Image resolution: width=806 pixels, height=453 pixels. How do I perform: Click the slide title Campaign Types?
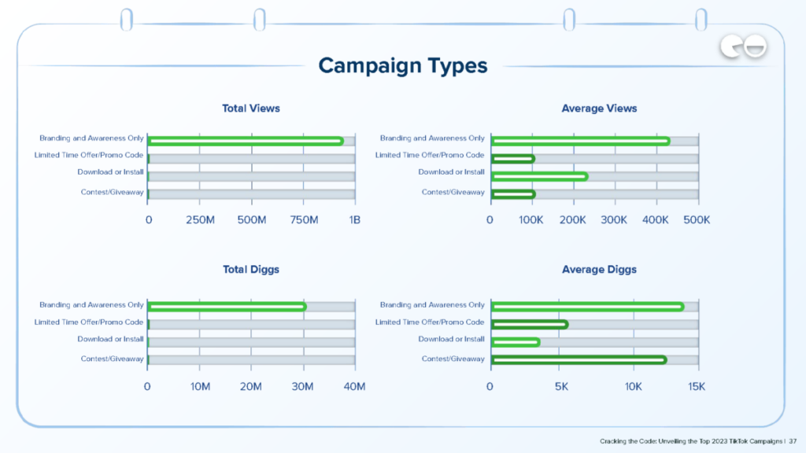(403, 65)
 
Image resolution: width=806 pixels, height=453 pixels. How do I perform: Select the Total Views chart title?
(251, 109)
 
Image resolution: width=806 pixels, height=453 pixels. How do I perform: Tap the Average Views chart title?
(599, 109)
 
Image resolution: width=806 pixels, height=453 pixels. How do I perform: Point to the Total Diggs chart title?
(251, 270)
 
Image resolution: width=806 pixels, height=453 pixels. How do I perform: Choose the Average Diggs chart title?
(599, 270)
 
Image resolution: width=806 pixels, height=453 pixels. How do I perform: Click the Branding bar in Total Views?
(245, 141)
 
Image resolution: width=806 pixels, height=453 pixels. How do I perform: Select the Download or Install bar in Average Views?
(539, 176)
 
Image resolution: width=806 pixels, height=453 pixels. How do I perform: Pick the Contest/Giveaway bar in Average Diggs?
(579, 359)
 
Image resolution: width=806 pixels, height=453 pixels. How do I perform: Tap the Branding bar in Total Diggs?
(227, 307)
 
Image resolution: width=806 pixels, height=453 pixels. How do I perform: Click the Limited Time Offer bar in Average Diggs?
(529, 324)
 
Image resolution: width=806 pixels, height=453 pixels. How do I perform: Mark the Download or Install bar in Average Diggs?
(515, 342)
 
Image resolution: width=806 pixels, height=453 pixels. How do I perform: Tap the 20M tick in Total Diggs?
(251, 386)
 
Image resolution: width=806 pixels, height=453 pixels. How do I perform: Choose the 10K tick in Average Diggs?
(633, 386)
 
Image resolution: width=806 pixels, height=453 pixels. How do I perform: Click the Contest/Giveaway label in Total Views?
(112, 193)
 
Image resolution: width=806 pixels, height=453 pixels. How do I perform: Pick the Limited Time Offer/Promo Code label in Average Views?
(430, 155)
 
